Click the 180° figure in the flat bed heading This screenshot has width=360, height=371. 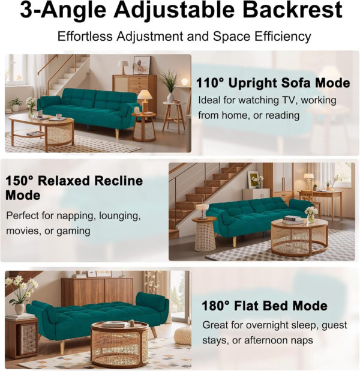pyautogui.click(x=217, y=306)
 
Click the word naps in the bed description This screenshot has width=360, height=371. pyautogui.click(x=304, y=341)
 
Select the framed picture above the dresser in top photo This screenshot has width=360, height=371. pyautogui.click(x=142, y=64)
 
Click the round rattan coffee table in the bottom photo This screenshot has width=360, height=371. pyautogui.click(x=119, y=344)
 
